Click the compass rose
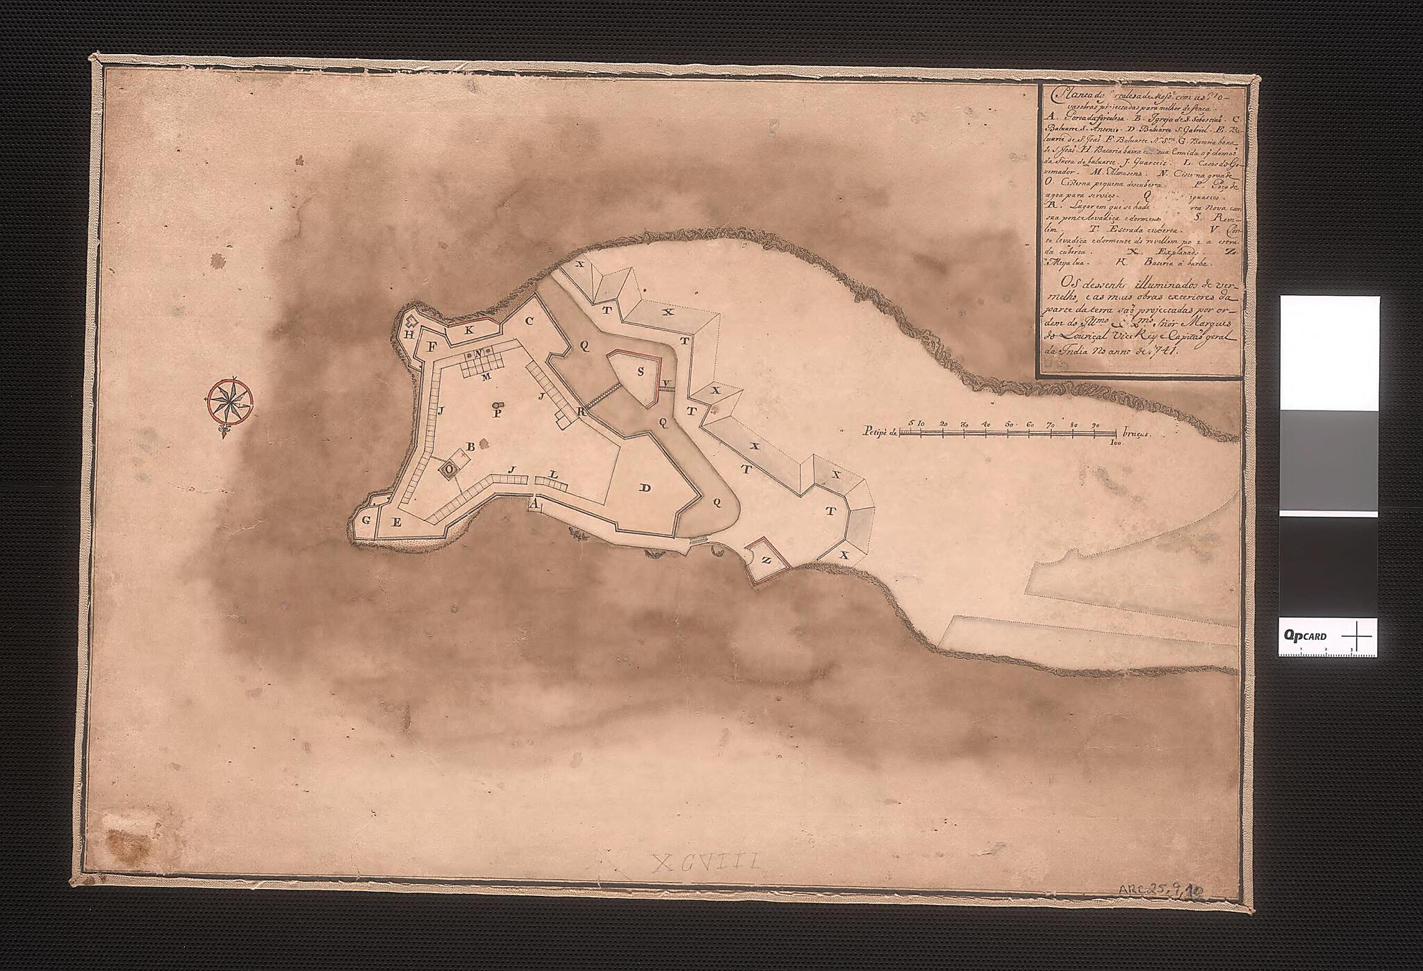click(229, 401)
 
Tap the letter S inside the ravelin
click(641, 372)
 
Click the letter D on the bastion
click(645, 488)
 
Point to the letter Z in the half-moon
click(766, 561)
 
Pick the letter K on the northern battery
click(469, 330)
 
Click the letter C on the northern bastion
click(529, 321)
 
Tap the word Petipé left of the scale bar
click(876, 433)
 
